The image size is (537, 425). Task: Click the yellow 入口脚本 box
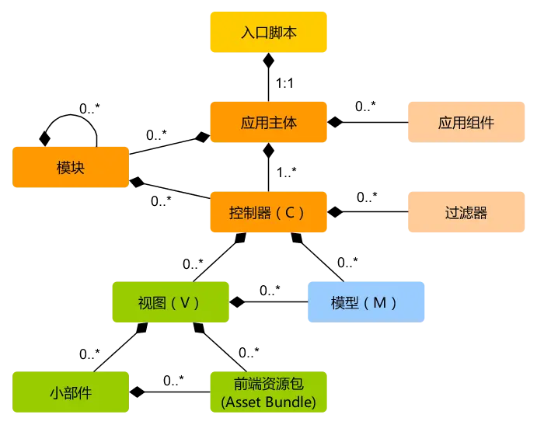[268, 33]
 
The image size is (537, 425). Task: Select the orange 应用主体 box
[268, 122]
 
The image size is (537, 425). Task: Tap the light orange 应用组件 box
[466, 122]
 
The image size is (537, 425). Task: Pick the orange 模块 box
[71, 168]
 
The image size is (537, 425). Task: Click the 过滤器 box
[466, 212]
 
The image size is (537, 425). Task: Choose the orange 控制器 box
[268, 212]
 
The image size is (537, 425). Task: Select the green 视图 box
[170, 302]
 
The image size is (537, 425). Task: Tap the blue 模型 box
[366, 302]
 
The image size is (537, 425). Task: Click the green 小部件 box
[71, 392]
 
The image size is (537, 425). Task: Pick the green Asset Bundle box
[268, 392]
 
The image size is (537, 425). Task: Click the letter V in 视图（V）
[184, 302]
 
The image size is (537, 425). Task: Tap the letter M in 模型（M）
[379, 302]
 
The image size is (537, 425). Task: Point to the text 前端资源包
[268, 383]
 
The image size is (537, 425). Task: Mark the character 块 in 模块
[78, 168]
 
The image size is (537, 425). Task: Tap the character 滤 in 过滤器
[466, 212]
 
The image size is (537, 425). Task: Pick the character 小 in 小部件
[57, 392]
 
